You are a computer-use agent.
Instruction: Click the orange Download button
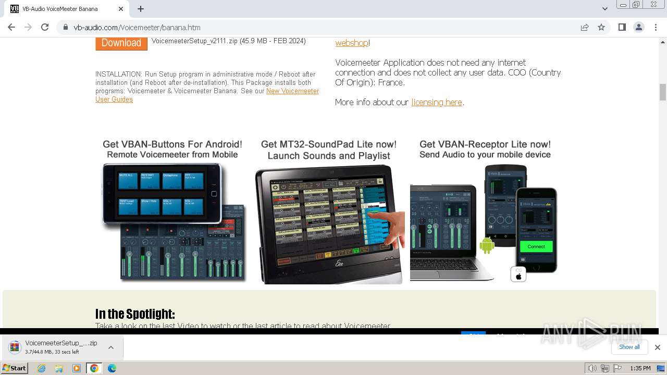pyautogui.click(x=121, y=43)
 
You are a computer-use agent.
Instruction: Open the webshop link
pyautogui.click(x=352, y=43)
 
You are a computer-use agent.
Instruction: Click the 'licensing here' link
pyautogui.click(x=437, y=103)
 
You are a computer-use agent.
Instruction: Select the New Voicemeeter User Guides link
pyautogui.click(x=292, y=91)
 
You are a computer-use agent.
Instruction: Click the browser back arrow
pyautogui.click(x=11, y=28)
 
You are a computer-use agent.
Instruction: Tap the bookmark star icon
pyautogui.click(x=601, y=28)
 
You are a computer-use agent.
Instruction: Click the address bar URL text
pyautogui.click(x=137, y=28)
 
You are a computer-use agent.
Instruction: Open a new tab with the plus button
pyautogui.click(x=141, y=9)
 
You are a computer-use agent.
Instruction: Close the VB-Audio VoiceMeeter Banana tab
pyautogui.click(x=121, y=9)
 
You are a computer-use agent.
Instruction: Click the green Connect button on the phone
pyautogui.click(x=536, y=246)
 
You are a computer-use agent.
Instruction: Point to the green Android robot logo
pyautogui.click(x=487, y=245)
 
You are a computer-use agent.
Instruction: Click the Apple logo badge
pyautogui.click(x=518, y=274)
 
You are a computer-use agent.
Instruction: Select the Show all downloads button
pyautogui.click(x=629, y=347)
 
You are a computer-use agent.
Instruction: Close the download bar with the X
pyautogui.click(x=657, y=347)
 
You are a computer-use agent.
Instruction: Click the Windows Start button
pyautogui.click(x=15, y=368)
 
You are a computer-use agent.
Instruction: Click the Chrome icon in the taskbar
pyautogui.click(x=94, y=368)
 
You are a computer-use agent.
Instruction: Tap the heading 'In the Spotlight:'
pyautogui.click(x=135, y=314)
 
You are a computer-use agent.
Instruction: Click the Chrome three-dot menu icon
pyautogui.click(x=656, y=28)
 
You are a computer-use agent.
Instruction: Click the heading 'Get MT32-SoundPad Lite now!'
pyautogui.click(x=328, y=144)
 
